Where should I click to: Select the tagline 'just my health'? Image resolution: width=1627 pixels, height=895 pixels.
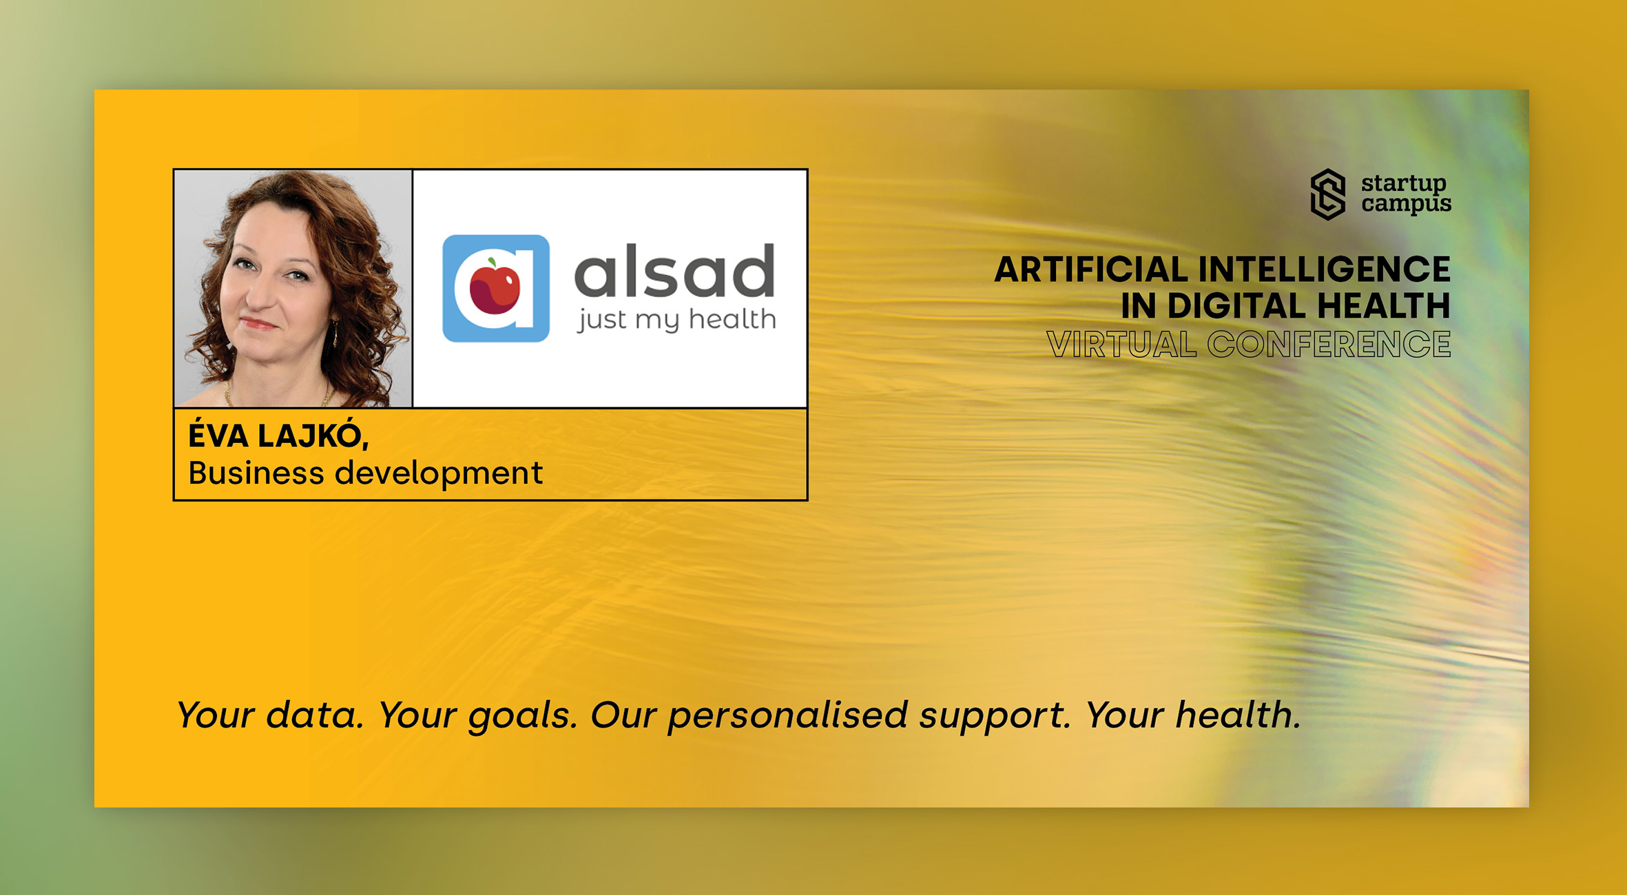point(676,320)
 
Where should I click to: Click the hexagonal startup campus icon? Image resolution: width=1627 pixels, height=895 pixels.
point(1328,194)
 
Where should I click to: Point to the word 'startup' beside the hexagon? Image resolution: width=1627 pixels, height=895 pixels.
point(1404,184)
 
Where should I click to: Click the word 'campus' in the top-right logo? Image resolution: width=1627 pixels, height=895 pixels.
point(1406,205)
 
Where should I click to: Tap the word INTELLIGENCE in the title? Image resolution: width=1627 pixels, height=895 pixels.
point(1325,269)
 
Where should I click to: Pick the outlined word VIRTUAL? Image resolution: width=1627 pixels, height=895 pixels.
point(1121,344)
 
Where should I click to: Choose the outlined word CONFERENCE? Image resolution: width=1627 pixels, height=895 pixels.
point(1329,344)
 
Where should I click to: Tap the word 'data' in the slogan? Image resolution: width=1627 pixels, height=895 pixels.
point(314,714)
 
